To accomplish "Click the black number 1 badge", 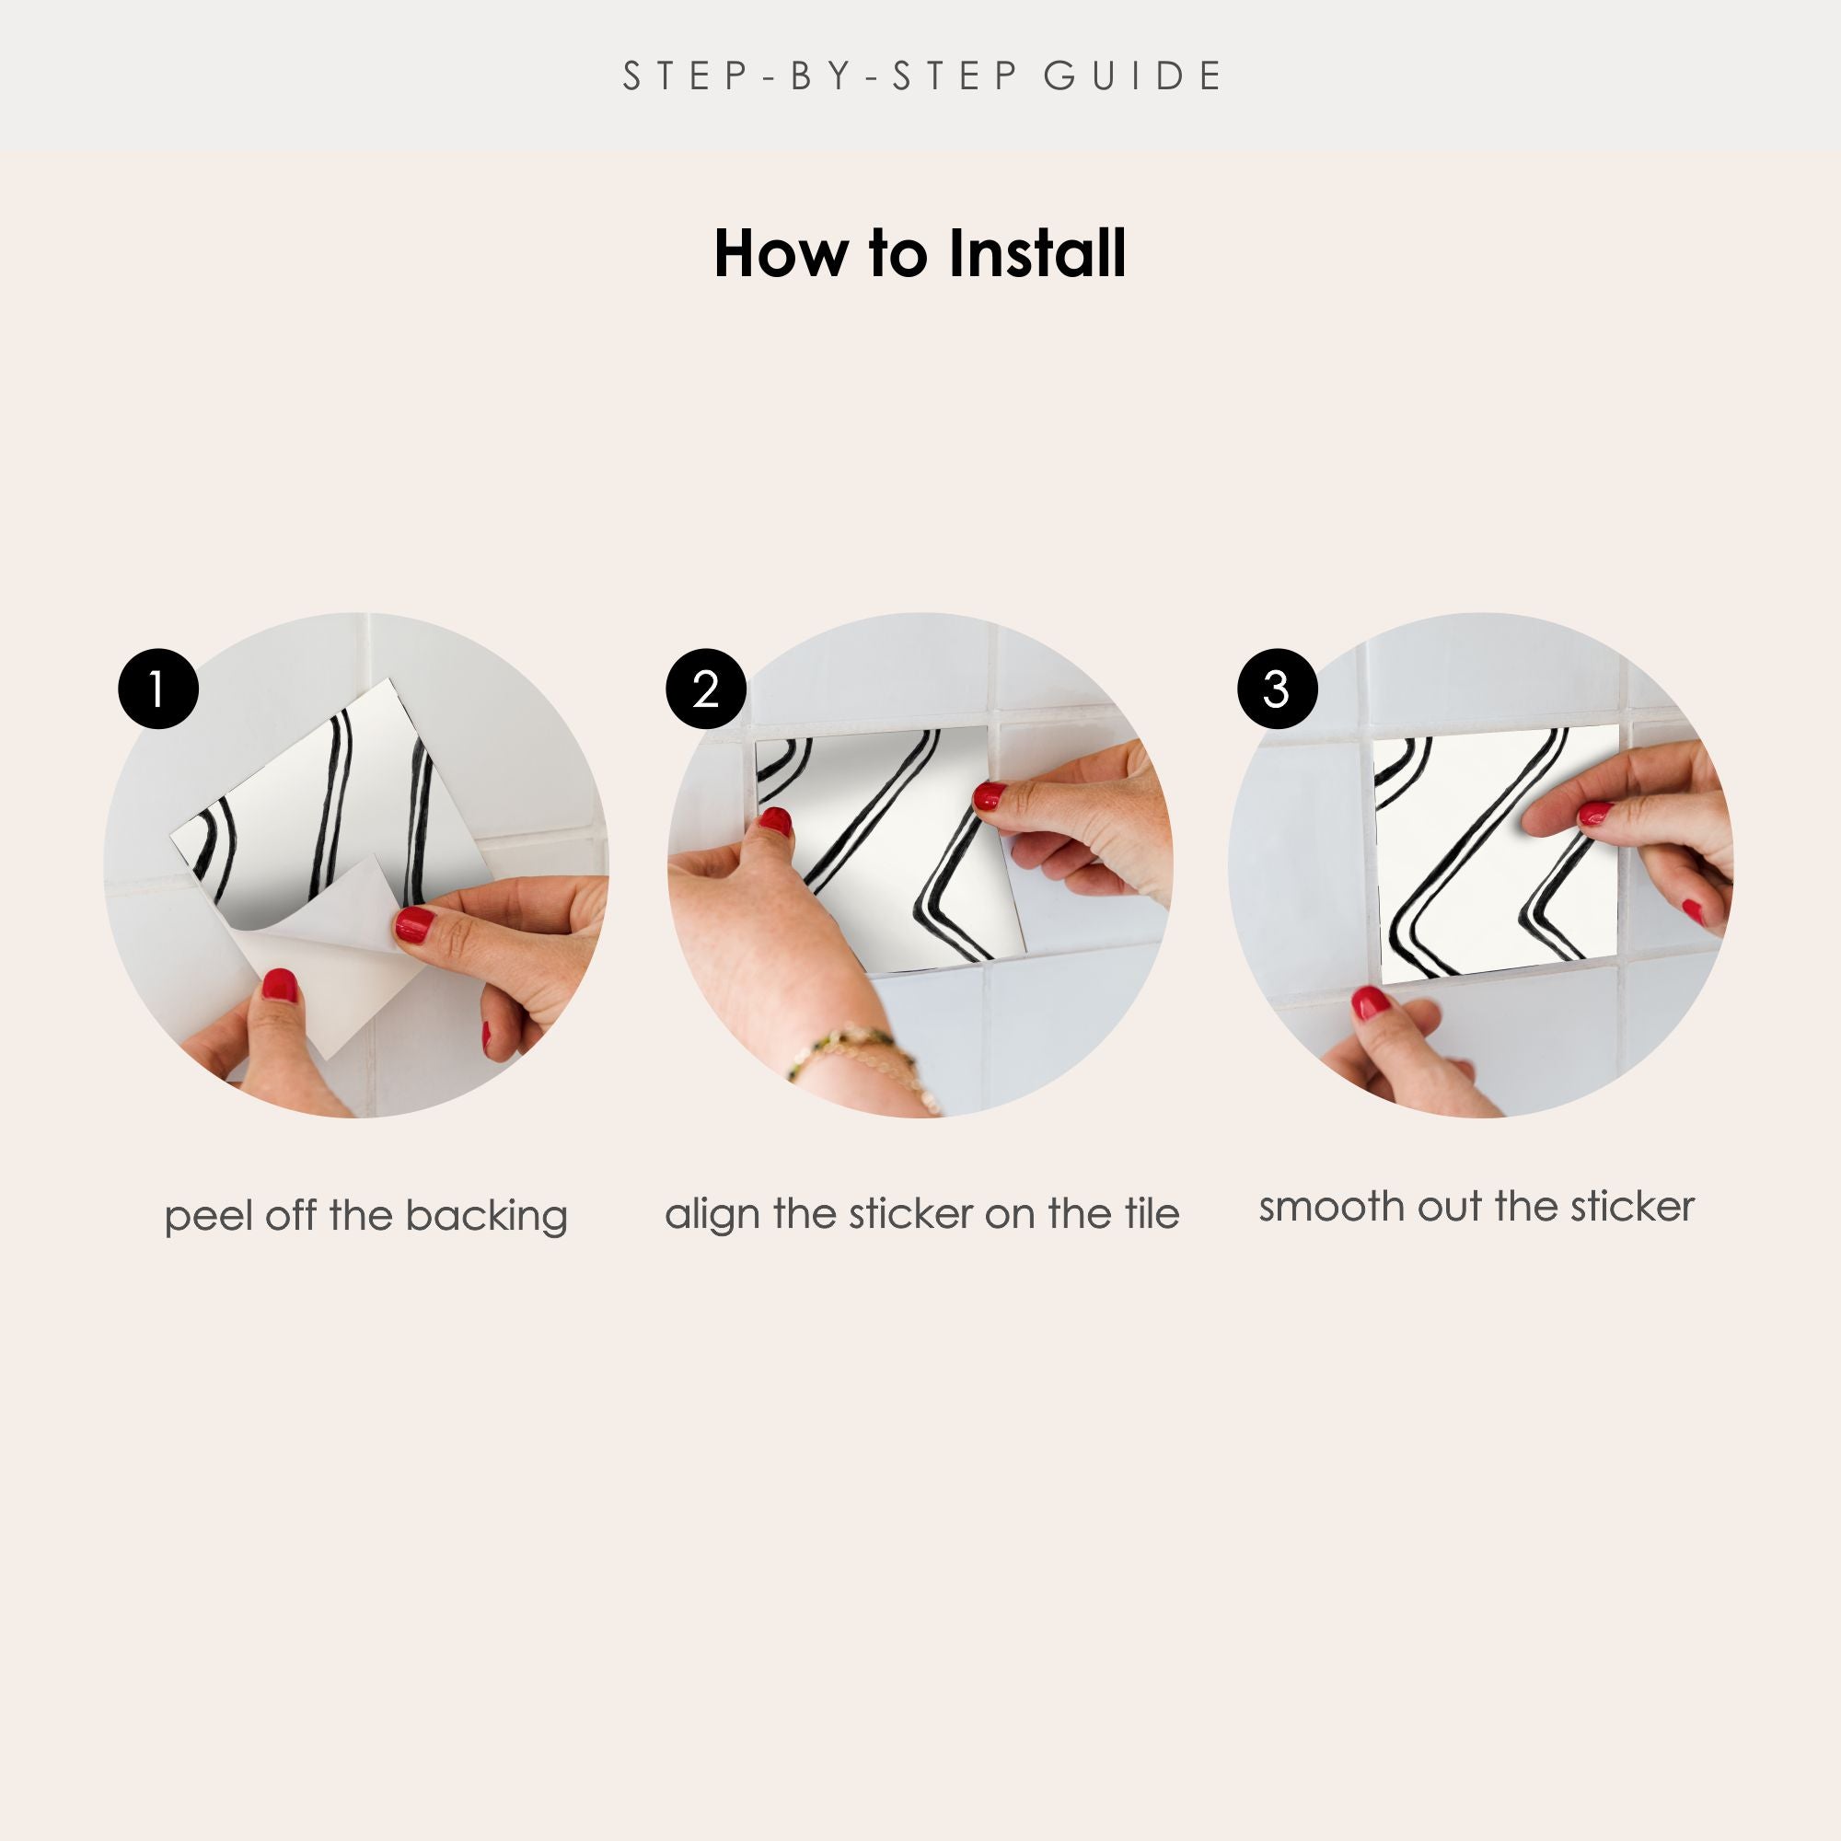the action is (x=158, y=689).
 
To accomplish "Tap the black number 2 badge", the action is (x=706, y=689).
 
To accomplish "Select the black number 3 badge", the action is (x=1277, y=689).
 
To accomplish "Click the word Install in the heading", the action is (x=1037, y=253).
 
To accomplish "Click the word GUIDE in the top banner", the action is (x=1133, y=76).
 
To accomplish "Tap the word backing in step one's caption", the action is (x=486, y=1217).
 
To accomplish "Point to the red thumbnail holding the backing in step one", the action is (x=279, y=984).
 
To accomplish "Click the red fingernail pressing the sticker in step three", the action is (x=1595, y=814).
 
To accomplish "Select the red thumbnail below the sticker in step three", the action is (x=1371, y=1002).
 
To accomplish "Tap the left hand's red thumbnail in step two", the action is (x=776, y=821).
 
